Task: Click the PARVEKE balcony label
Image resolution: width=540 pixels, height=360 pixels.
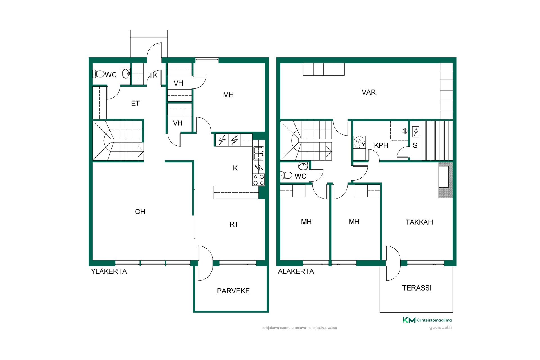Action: [x=233, y=291]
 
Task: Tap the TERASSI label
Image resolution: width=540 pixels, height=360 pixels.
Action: [x=417, y=288]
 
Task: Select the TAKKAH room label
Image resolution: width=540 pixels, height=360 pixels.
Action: [x=419, y=222]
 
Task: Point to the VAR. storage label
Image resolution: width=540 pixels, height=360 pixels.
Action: [x=370, y=92]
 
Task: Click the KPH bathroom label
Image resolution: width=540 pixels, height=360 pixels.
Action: [x=381, y=145]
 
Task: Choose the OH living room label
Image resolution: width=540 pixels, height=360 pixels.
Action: [x=140, y=211]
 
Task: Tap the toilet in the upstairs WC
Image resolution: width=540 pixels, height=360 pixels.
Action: [x=98, y=74]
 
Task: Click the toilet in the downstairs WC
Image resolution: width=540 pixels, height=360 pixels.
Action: [x=286, y=175]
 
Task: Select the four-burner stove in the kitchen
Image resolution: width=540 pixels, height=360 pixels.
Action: [x=259, y=180]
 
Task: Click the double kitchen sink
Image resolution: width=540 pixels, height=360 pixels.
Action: [x=259, y=153]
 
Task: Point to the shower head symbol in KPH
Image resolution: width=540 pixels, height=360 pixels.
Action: [x=405, y=130]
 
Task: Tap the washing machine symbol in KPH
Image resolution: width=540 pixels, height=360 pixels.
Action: [x=359, y=142]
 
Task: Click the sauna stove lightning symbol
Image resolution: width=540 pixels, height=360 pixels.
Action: [x=415, y=132]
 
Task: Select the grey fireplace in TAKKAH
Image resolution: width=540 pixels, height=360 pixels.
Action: [x=445, y=180]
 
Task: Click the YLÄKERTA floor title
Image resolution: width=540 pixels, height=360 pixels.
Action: [x=109, y=271]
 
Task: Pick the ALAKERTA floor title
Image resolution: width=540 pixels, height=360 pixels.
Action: [x=296, y=271]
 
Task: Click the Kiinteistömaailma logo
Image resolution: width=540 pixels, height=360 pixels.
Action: [x=427, y=320]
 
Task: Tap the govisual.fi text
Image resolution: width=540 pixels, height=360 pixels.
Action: [x=440, y=327]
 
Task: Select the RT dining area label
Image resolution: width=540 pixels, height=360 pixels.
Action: [x=234, y=224]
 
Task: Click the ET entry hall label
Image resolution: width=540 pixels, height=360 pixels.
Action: [x=135, y=103]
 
